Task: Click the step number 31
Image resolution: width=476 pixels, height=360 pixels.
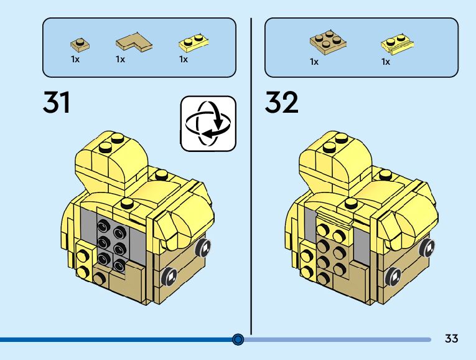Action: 57,102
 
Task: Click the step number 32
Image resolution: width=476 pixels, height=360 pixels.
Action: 282,102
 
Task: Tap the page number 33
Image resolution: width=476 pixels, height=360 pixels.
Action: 452,339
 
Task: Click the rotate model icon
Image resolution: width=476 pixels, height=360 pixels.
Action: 208,123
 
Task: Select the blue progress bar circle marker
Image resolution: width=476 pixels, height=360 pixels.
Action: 238,339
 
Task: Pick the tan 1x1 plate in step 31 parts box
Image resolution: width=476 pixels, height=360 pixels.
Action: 79,44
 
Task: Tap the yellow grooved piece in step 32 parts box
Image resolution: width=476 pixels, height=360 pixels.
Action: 398,43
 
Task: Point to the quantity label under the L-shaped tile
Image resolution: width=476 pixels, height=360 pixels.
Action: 120,60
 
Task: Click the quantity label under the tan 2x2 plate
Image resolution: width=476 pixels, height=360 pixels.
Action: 314,62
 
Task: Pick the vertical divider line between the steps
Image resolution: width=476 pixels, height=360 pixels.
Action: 251,174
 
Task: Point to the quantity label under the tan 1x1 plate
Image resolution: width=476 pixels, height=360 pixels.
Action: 75,60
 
